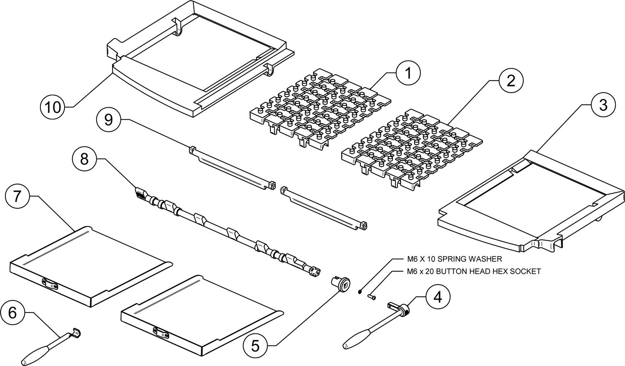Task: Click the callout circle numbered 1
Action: pos(408,73)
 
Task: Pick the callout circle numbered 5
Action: pos(256,345)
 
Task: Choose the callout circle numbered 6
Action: pos(13,313)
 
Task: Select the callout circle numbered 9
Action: pos(108,120)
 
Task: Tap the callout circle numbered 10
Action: pos(53,107)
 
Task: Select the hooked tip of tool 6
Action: pos(77,332)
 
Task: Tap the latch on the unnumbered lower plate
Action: pos(162,332)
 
